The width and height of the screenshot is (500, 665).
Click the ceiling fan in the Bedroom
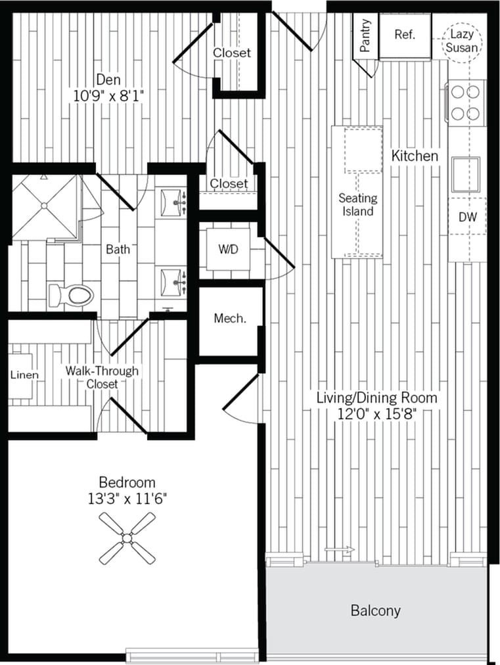[127, 538]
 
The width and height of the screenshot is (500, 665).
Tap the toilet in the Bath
[72, 295]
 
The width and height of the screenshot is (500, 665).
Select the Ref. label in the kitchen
[404, 35]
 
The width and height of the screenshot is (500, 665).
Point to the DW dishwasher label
[468, 217]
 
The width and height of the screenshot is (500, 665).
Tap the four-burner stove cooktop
[466, 101]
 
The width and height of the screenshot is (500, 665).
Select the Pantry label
[366, 35]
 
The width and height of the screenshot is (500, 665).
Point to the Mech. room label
[230, 319]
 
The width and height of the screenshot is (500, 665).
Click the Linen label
[24, 375]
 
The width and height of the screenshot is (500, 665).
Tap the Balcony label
[375, 610]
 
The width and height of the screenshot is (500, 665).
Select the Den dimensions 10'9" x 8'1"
[108, 95]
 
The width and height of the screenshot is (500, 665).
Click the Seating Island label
[357, 204]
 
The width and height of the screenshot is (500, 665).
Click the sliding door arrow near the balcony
[340, 549]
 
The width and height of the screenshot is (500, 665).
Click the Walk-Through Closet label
[102, 377]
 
